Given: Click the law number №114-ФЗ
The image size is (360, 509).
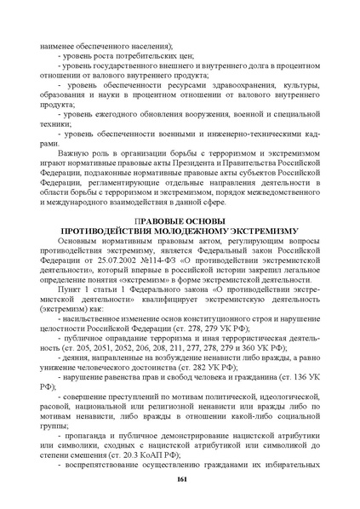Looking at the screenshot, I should [x=158, y=257].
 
